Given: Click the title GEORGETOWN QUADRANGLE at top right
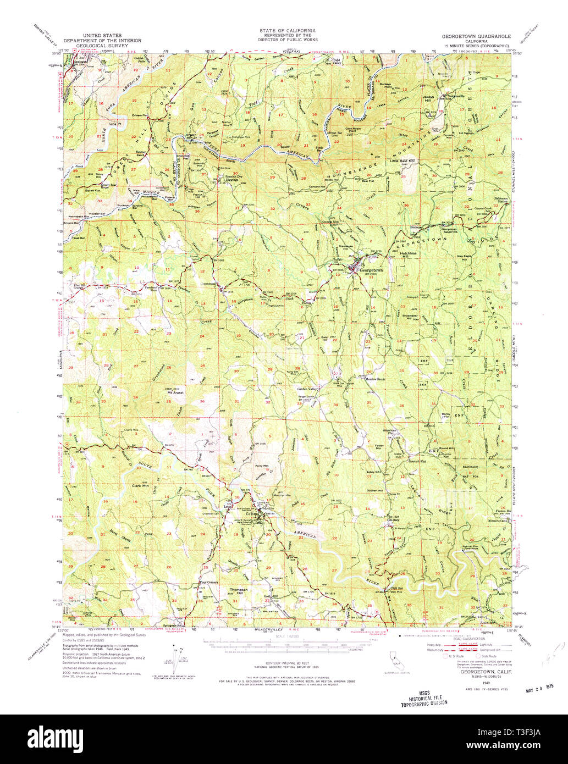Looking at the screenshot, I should point(476,36).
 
